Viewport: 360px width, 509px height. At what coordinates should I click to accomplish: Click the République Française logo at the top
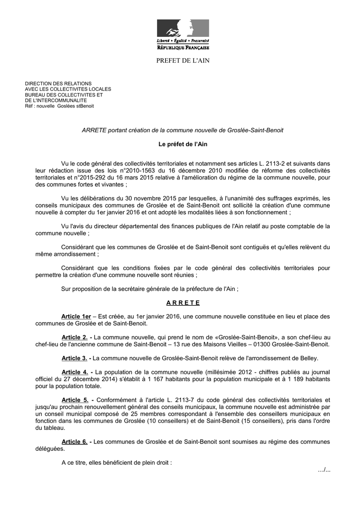[183, 35]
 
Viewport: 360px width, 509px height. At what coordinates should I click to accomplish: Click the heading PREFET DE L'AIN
[183, 61]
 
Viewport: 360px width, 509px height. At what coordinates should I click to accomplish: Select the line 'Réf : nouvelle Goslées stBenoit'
[59, 106]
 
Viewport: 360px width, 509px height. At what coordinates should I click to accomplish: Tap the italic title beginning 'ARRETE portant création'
[182, 130]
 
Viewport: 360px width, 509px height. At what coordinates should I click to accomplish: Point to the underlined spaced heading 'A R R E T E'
[183, 303]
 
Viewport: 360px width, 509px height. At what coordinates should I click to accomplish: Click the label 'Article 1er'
[76, 317]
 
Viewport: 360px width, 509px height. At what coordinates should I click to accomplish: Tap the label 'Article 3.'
[75, 358]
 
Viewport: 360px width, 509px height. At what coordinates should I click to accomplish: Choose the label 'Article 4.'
[75, 372]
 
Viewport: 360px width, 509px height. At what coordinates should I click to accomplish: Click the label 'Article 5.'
[75, 400]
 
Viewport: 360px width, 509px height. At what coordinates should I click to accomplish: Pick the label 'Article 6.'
[75, 441]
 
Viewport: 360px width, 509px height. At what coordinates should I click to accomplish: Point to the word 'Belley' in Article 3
[307, 358]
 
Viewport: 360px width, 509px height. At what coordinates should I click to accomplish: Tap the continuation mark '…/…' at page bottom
[324, 470]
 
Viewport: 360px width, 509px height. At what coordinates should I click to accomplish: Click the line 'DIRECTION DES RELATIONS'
[58, 84]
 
